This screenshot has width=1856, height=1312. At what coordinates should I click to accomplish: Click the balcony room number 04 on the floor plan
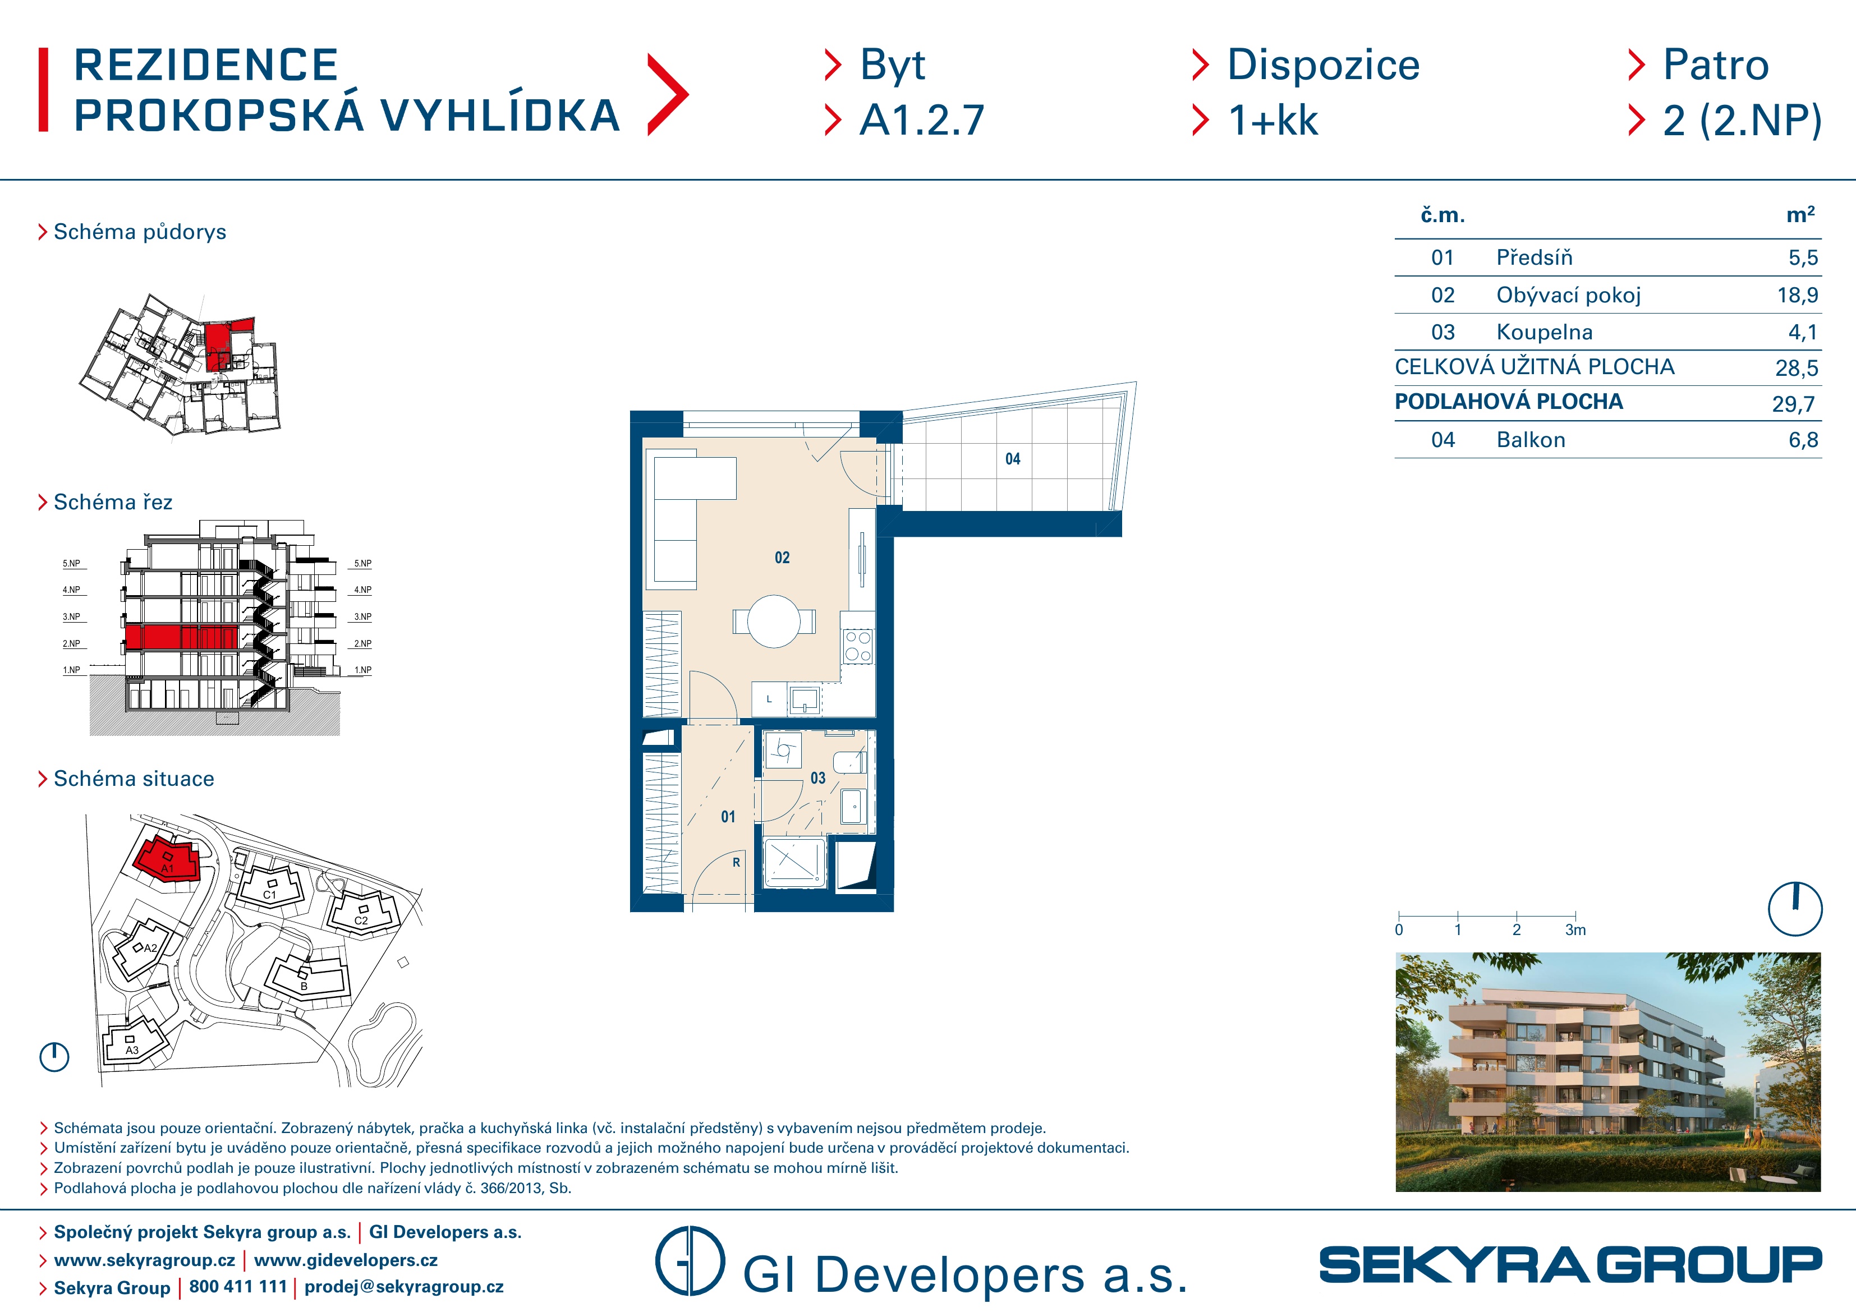coord(1013,459)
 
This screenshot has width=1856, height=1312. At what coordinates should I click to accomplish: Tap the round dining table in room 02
coord(774,621)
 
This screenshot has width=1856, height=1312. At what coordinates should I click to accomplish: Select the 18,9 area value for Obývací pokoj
coord(1797,295)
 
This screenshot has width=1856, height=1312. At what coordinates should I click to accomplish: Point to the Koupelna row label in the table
coord(1544,332)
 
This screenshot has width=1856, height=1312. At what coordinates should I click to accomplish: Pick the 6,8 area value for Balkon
coord(1803,440)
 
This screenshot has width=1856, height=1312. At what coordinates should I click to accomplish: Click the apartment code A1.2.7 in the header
coord(921,121)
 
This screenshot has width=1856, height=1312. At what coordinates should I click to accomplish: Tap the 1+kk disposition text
coord(1273,121)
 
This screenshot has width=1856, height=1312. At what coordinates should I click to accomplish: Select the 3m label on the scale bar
coord(1575,929)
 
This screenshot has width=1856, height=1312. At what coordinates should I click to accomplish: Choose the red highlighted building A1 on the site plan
coord(167,859)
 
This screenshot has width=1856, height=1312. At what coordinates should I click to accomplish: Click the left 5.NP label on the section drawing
coord(72,563)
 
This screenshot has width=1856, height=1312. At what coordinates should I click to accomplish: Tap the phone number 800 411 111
coord(238,1286)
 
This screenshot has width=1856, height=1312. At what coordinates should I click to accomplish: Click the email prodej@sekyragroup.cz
coord(403,1286)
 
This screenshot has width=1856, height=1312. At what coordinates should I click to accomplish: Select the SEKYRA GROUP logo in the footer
coord(1570,1265)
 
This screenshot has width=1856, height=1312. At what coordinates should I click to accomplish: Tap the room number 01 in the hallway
coord(728,817)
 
